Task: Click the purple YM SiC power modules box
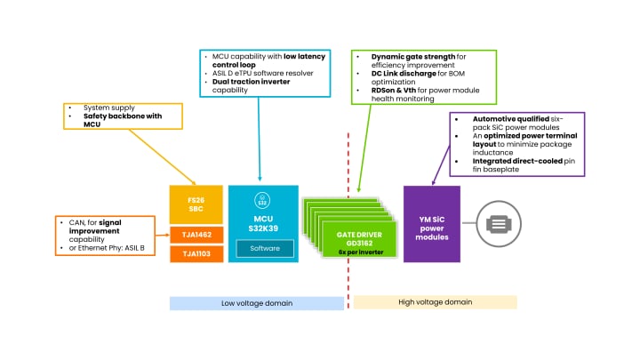pos(431,224)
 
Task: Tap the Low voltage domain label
pos(256,302)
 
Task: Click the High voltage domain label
pos(436,302)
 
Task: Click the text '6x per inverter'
pos(356,252)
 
